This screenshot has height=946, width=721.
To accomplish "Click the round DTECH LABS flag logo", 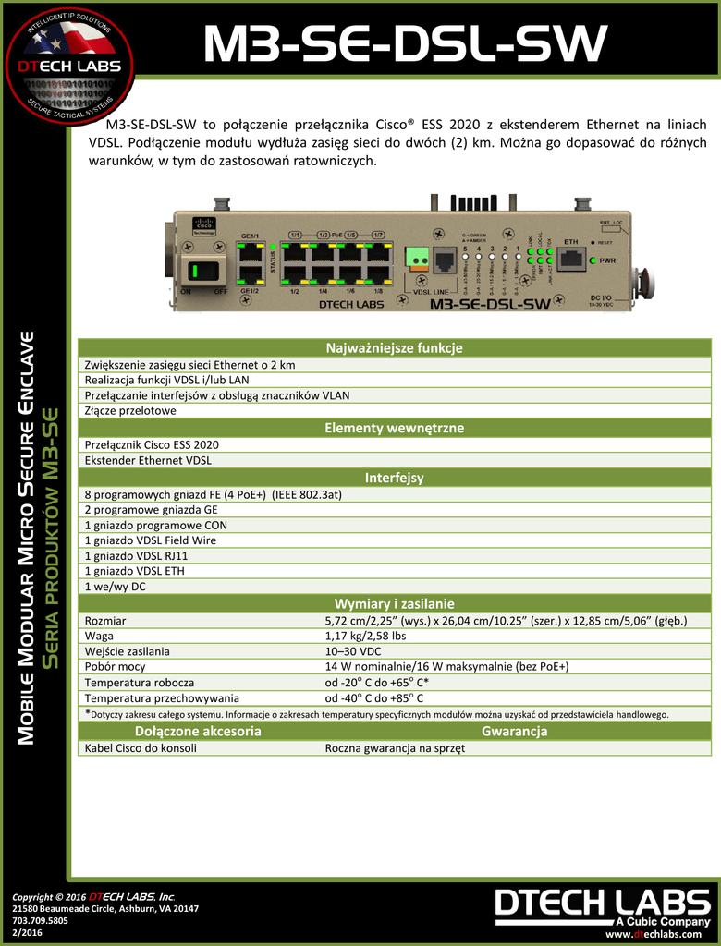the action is click(68, 66).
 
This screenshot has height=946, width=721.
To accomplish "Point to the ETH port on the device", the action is click(572, 260).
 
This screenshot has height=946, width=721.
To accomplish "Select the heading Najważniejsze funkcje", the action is click(394, 348).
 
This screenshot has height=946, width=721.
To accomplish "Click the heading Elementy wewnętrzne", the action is click(394, 428).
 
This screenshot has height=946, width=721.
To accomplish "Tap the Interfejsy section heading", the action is click(394, 478).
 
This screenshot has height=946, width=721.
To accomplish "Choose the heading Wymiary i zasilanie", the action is click(394, 603).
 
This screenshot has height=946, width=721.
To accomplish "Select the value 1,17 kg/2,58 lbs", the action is click(365, 636).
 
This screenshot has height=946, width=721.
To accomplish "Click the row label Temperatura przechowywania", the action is click(162, 698).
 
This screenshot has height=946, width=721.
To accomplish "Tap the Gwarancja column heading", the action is click(514, 732).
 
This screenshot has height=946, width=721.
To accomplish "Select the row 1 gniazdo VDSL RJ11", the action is click(136, 555).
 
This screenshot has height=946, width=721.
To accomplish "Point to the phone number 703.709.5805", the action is click(41, 921).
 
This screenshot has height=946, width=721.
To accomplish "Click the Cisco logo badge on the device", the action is click(202, 227).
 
